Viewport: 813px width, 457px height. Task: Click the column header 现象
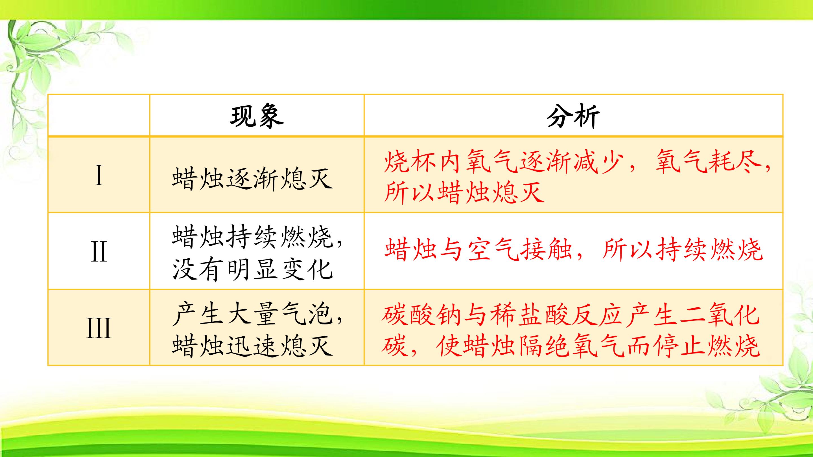[x=257, y=116]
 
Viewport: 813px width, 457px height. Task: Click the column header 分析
[x=573, y=116]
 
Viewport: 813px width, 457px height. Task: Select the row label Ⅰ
[x=99, y=176]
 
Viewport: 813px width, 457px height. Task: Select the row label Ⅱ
[x=99, y=251]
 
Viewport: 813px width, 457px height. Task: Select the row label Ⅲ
[x=99, y=328]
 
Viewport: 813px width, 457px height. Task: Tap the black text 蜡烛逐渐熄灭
[x=252, y=179]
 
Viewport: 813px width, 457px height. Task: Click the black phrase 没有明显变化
[x=252, y=270]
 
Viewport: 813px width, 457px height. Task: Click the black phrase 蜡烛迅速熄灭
[x=252, y=346]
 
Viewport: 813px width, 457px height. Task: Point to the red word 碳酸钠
[x=422, y=315]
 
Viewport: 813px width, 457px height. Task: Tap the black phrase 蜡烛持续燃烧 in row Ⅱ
[x=252, y=237]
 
